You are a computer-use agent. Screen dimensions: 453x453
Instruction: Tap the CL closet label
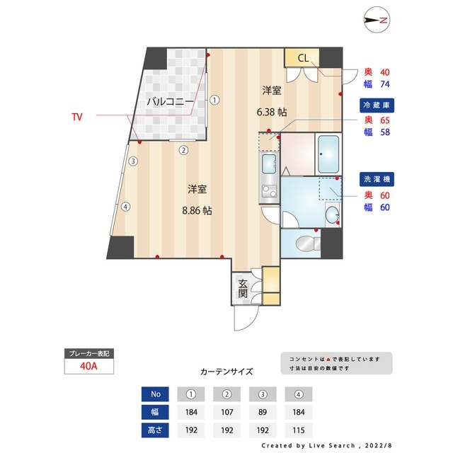pos(302,58)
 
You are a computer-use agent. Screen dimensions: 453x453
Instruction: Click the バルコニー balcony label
pos(170,102)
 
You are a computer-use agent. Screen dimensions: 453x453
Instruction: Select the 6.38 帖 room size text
pos(272,112)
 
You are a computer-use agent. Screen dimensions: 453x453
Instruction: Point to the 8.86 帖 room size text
pos(197,210)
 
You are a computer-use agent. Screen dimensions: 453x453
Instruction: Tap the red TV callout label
pos(77,115)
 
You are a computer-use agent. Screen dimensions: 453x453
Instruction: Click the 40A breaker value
pos(88,367)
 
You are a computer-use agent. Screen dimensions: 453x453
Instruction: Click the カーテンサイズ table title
pos(226,371)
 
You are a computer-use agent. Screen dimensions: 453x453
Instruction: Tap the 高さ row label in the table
pos(154,429)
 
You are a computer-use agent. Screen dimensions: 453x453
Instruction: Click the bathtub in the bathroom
pos(328,155)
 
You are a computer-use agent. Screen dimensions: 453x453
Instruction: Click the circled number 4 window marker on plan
pos(125,207)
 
